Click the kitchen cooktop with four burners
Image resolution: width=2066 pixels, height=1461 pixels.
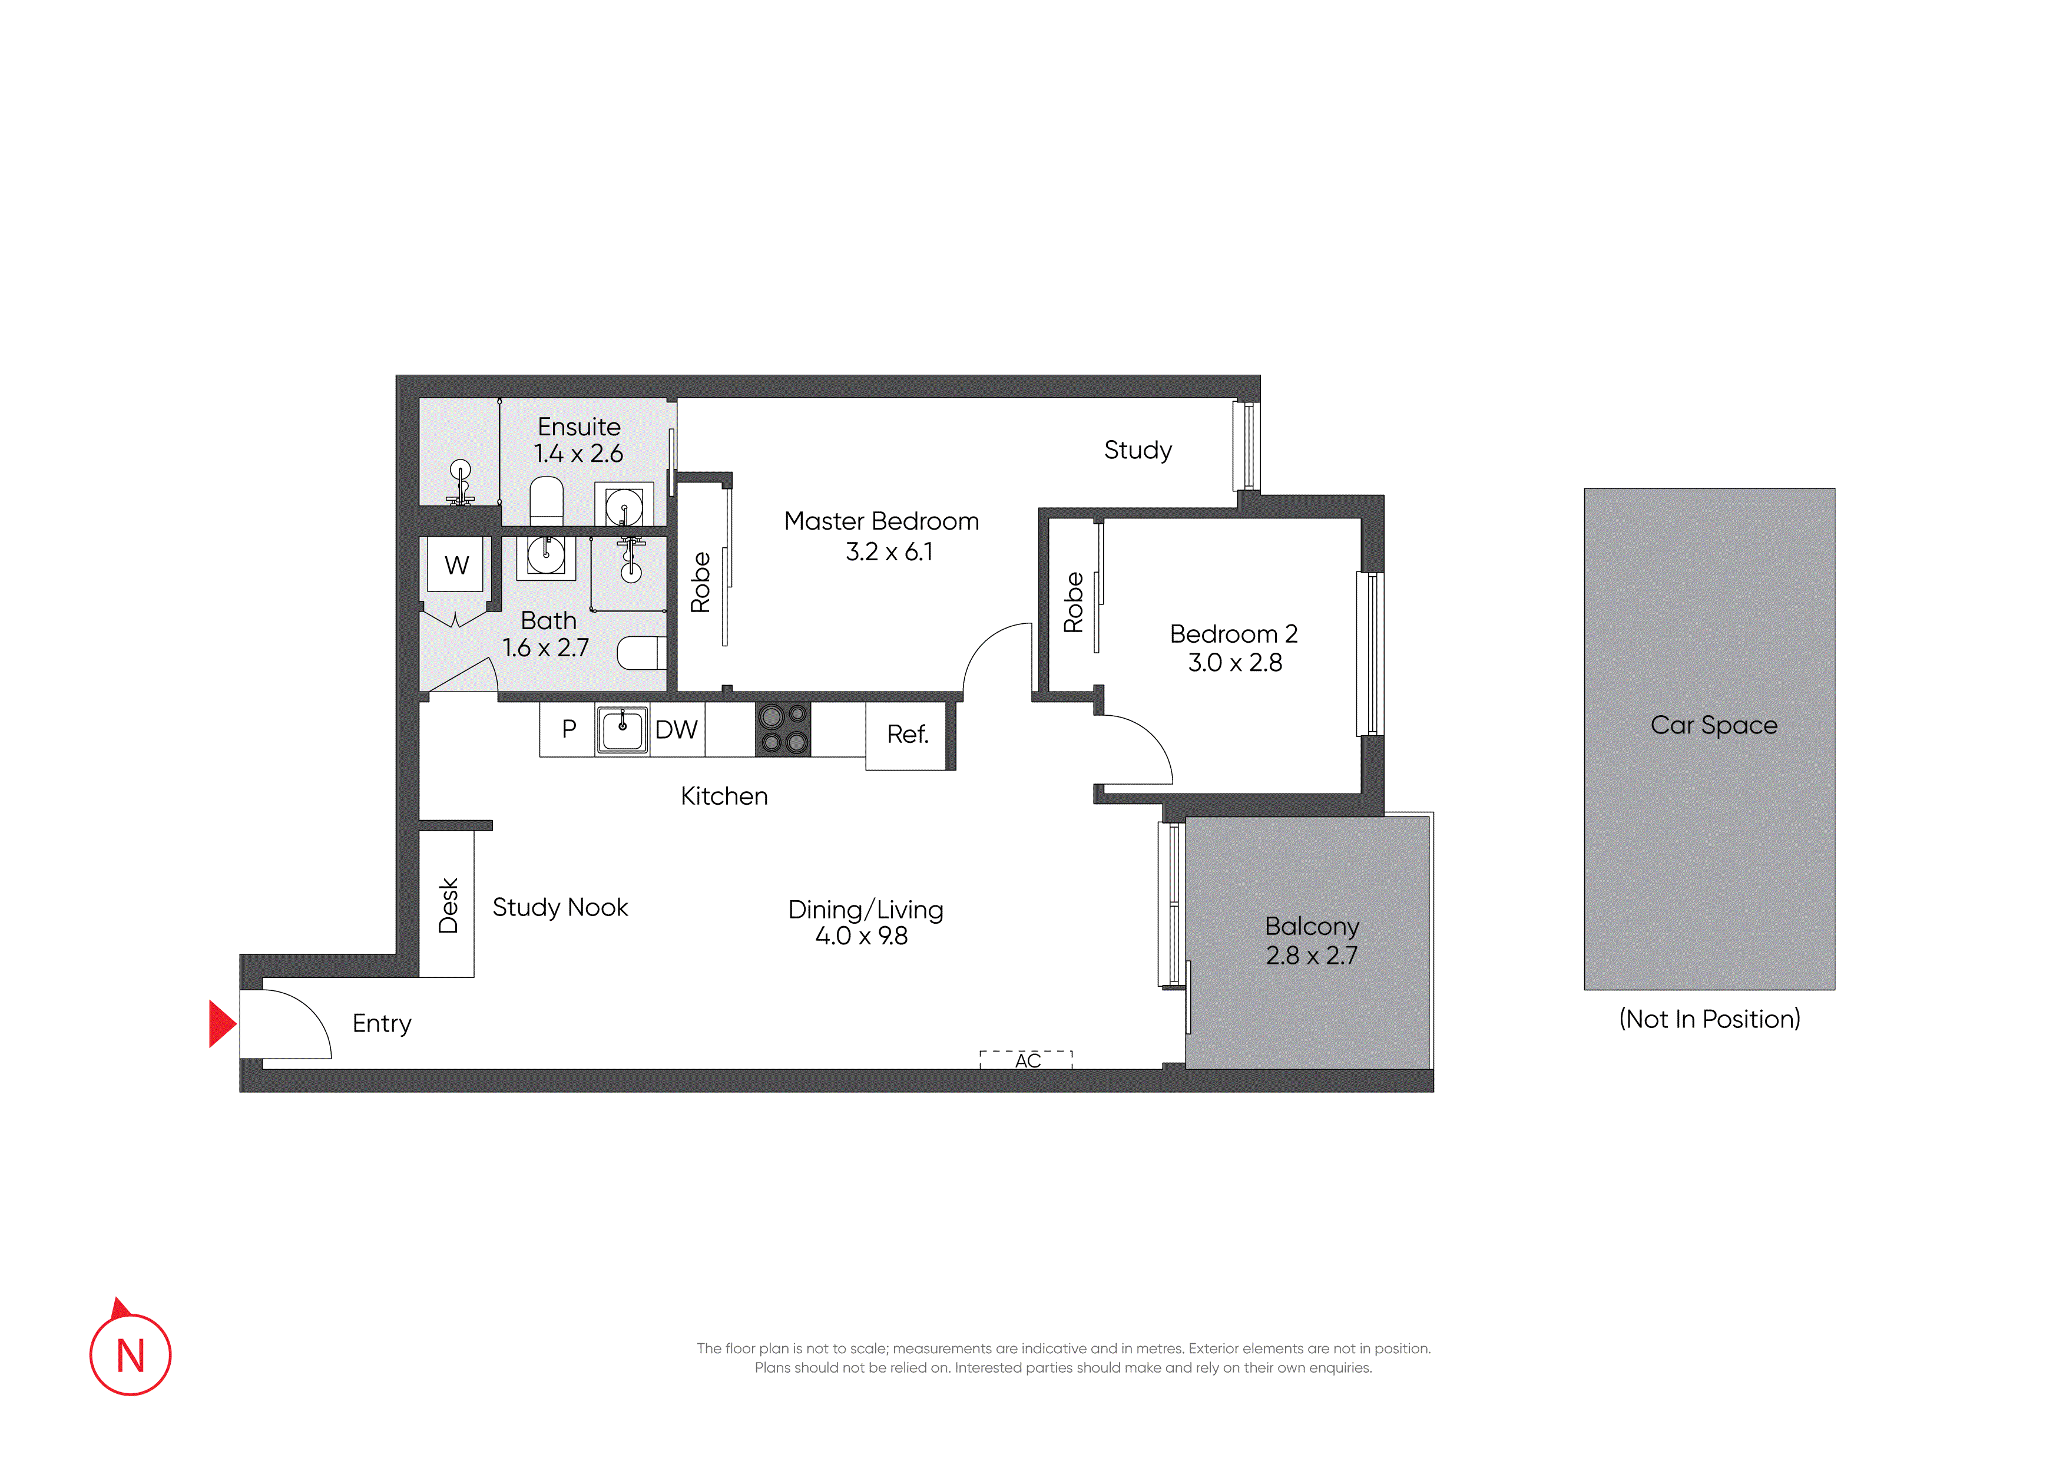(x=783, y=729)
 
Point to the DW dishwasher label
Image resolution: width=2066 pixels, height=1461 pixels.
(x=677, y=729)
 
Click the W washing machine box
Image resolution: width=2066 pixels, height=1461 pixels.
(x=456, y=564)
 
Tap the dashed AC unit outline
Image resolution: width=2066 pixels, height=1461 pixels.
(x=1026, y=1059)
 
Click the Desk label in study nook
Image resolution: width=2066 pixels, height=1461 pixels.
(x=448, y=905)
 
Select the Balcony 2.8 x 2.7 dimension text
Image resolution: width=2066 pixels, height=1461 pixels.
(x=1312, y=955)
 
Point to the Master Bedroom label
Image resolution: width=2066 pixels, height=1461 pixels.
(x=881, y=521)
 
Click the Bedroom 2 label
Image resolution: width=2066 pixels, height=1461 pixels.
(x=1234, y=634)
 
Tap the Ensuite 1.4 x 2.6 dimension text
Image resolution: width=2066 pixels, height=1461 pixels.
(x=578, y=453)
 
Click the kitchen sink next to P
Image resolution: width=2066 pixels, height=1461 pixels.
(x=622, y=729)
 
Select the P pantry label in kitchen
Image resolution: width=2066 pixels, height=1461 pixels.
(x=569, y=729)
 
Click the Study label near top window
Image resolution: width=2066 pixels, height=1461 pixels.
(x=1138, y=450)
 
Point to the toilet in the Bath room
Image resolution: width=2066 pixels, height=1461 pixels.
(x=641, y=653)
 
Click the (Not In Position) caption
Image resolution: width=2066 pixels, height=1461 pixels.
(x=1710, y=1019)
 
